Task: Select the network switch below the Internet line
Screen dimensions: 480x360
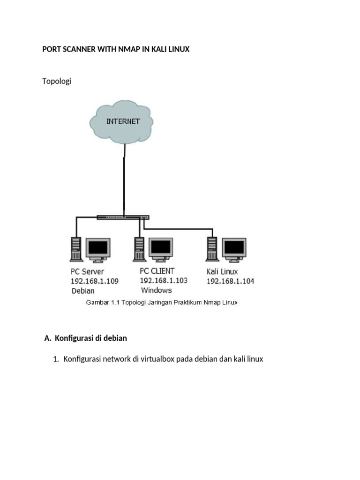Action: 123,217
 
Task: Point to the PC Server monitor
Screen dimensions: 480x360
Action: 97,249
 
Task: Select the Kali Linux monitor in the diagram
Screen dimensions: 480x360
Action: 233,249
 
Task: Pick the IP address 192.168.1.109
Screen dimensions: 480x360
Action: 95,281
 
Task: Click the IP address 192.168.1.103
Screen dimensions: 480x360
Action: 164,280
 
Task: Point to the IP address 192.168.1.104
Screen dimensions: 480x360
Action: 230,281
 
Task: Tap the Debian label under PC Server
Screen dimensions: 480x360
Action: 82,291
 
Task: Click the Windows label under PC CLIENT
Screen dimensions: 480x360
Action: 156,290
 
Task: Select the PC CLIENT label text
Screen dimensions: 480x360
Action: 157,270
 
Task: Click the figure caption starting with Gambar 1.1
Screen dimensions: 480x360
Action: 161,303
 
